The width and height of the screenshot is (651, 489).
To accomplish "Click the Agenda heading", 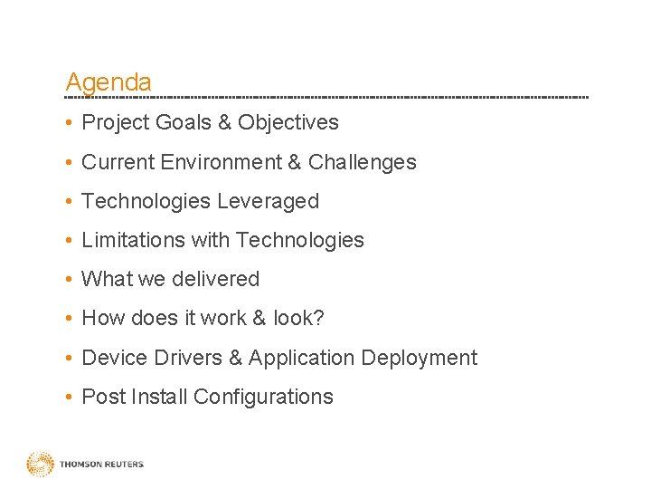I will [x=108, y=82].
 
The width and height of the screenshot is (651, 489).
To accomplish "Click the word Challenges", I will [x=362, y=162].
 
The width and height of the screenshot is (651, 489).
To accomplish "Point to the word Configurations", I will [x=263, y=397].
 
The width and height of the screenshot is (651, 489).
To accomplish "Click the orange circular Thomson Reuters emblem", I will [x=40, y=464].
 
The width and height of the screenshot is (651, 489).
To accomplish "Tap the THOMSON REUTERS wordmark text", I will [x=101, y=465].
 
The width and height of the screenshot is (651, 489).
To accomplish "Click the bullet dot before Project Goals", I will [x=69, y=123].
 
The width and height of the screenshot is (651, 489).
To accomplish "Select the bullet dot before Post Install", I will [x=69, y=398].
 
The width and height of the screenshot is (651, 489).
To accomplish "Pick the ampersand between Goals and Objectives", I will [x=225, y=122].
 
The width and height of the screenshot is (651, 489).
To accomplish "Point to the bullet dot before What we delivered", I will [x=69, y=280].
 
